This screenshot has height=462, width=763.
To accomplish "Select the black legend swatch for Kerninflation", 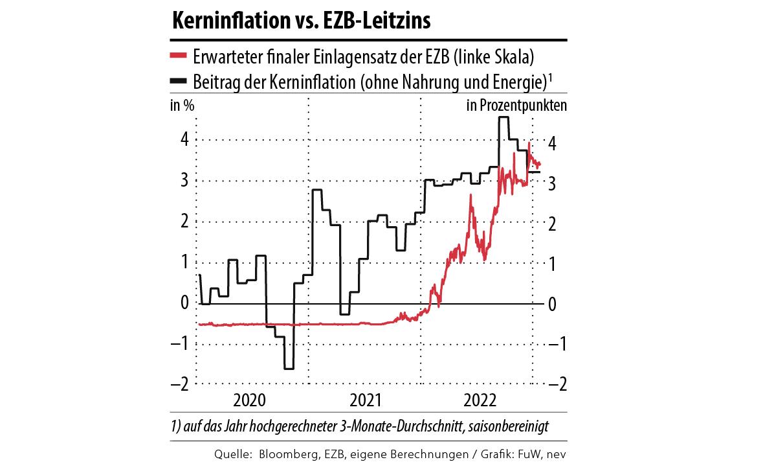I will pos(179,81).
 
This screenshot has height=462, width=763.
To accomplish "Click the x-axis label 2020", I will pos(249,399).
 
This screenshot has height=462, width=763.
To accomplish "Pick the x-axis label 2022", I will pos(480,399).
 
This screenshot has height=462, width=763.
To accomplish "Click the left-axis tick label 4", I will pos(184,139).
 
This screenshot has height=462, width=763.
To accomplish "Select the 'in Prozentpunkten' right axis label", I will pos(516,106).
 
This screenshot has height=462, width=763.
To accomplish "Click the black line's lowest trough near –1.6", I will pos(289,369).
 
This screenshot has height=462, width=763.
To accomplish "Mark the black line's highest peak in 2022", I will pos(503,117).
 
